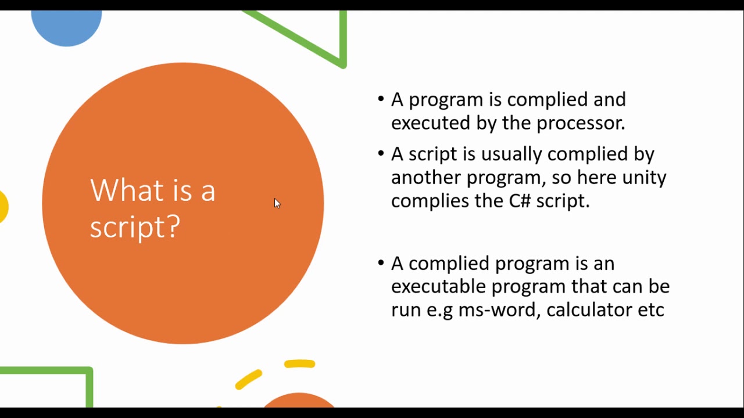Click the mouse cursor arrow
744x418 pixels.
click(x=277, y=203)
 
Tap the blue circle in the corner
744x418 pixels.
click(x=66, y=26)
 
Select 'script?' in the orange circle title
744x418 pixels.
click(x=135, y=226)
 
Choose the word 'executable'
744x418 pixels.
click(x=438, y=286)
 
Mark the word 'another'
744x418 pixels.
click(x=426, y=177)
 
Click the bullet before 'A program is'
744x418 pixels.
click(x=381, y=99)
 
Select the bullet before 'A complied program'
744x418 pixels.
click(x=381, y=263)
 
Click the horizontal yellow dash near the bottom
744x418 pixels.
click(x=299, y=364)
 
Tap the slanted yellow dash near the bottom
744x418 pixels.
click(x=249, y=380)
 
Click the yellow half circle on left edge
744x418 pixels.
click(x=3, y=206)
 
